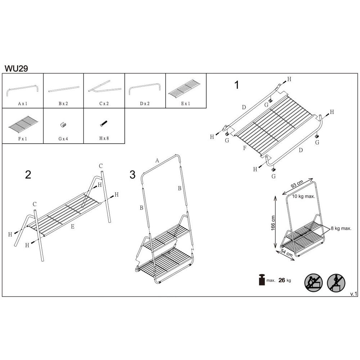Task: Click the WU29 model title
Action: click(x=16, y=68)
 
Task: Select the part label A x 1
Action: click(x=23, y=104)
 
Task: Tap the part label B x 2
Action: click(x=63, y=104)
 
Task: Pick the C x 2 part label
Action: click(x=104, y=104)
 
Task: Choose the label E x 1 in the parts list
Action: click(x=185, y=104)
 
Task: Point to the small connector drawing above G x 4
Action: click(x=63, y=125)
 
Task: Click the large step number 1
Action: click(x=237, y=85)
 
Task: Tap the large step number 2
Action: click(x=28, y=175)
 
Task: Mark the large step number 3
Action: click(x=132, y=175)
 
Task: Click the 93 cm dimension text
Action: click(x=297, y=184)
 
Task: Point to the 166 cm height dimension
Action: click(x=273, y=223)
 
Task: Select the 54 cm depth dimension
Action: click(x=286, y=253)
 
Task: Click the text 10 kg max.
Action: click(x=303, y=197)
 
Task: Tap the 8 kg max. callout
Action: click(x=341, y=229)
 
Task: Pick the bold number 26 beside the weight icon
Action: click(x=282, y=280)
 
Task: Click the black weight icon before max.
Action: click(x=262, y=280)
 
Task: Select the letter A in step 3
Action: click(x=157, y=161)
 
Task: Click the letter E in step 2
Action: click(x=73, y=226)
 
